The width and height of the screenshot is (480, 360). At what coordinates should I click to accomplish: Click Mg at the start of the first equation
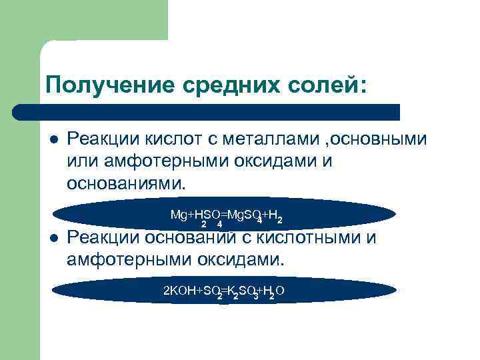(177, 214)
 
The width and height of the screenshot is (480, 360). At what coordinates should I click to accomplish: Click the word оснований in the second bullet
(193, 238)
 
